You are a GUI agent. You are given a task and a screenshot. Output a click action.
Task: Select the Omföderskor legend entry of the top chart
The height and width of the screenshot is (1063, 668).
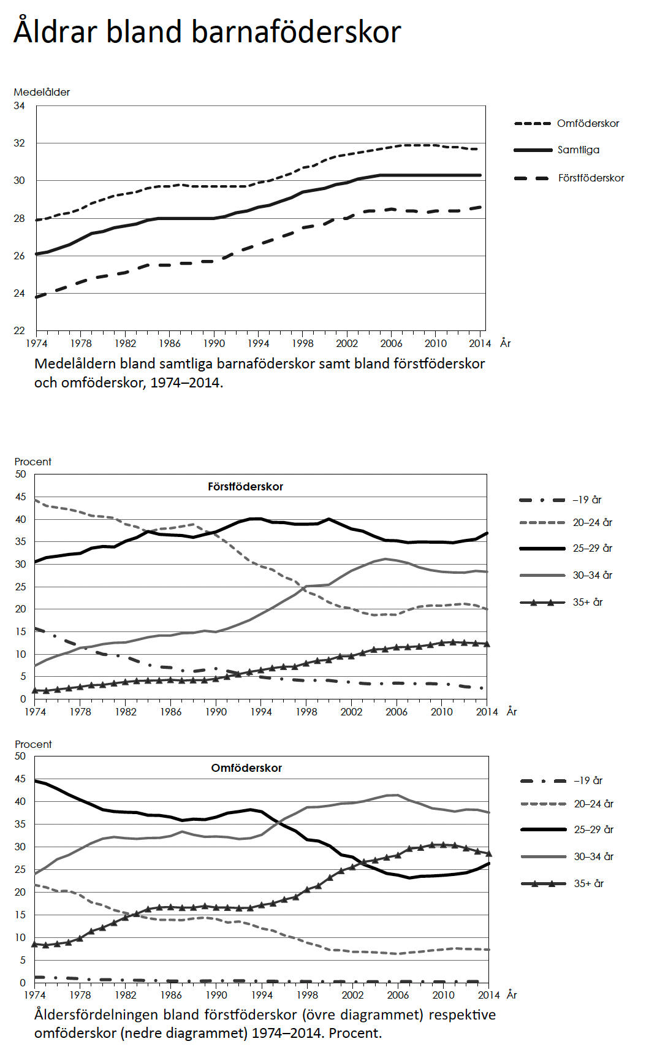coord(588,123)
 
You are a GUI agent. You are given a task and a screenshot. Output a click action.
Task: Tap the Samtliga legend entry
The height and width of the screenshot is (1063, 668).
coord(578,150)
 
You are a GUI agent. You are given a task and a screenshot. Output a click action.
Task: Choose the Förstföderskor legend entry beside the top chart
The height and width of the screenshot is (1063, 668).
coord(591,178)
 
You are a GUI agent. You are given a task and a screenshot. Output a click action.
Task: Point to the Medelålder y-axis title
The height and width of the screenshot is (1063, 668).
coord(42,92)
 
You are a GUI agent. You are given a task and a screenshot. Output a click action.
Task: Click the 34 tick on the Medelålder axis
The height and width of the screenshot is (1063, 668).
coord(20,106)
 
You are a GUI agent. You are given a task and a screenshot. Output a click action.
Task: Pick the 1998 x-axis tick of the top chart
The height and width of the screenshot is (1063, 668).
coord(303,343)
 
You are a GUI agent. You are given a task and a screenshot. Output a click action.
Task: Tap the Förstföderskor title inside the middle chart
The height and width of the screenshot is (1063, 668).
coord(245,487)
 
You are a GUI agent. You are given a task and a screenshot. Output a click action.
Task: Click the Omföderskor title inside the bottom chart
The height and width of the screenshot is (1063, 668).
coord(246,768)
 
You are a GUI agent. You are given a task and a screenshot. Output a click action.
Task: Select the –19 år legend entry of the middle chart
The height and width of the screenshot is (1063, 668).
coord(587,500)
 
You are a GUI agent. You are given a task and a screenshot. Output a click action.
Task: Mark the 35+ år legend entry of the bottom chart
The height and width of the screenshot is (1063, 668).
coord(589,883)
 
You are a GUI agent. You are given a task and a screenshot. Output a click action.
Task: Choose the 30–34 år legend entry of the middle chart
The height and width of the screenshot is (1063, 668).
coord(593,575)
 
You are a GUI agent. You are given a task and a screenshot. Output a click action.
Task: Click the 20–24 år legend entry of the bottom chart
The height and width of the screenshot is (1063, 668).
coord(593,804)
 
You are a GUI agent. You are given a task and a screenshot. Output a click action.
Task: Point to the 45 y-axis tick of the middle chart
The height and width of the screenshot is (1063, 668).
coord(21,497)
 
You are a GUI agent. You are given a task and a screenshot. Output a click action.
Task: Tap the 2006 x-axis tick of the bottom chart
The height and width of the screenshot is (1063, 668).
coord(398,995)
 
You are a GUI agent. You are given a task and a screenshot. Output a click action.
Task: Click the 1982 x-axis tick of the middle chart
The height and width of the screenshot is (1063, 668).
coord(126,712)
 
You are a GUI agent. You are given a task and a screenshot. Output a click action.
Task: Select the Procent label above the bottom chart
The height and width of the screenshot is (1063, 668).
coord(33,744)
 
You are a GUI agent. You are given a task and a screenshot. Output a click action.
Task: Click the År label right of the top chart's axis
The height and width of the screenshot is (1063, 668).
coord(505,343)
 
